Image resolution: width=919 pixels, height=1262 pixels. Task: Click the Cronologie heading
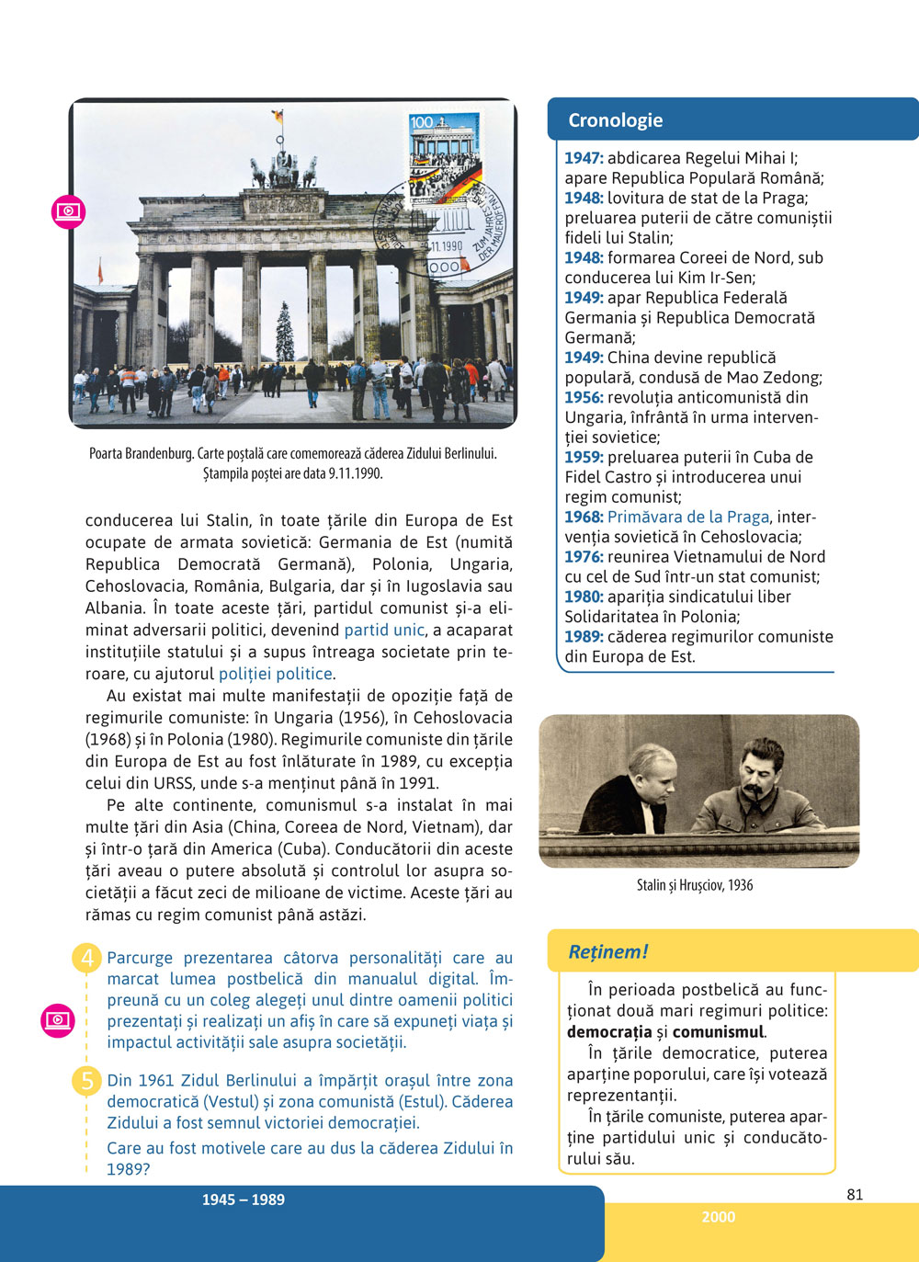[x=615, y=120]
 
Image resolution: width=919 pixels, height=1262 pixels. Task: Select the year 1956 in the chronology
[x=584, y=398]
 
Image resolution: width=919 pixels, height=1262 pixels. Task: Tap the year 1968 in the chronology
[x=584, y=517]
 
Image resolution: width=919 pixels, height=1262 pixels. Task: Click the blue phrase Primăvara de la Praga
[x=687, y=517]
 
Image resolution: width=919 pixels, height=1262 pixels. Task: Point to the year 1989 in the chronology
[x=584, y=637]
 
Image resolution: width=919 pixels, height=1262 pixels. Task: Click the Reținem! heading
[x=608, y=952]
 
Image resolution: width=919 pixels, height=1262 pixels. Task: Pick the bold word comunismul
[x=719, y=1032]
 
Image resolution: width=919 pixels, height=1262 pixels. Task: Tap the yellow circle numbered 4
[x=87, y=959]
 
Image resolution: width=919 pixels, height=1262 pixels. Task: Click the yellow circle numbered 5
[x=87, y=1081]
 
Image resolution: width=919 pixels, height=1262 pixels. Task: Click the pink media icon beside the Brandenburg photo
[x=69, y=211]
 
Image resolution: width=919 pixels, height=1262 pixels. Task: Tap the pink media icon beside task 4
[x=58, y=1020]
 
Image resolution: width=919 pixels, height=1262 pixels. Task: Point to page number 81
[x=855, y=1195]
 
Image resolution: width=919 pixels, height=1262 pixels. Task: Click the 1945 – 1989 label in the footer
[x=244, y=1199]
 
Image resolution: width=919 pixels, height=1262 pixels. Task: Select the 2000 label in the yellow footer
[x=718, y=1217]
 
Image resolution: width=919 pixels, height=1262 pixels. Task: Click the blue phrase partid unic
[x=384, y=631]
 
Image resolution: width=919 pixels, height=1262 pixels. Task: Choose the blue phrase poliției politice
[x=275, y=675]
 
